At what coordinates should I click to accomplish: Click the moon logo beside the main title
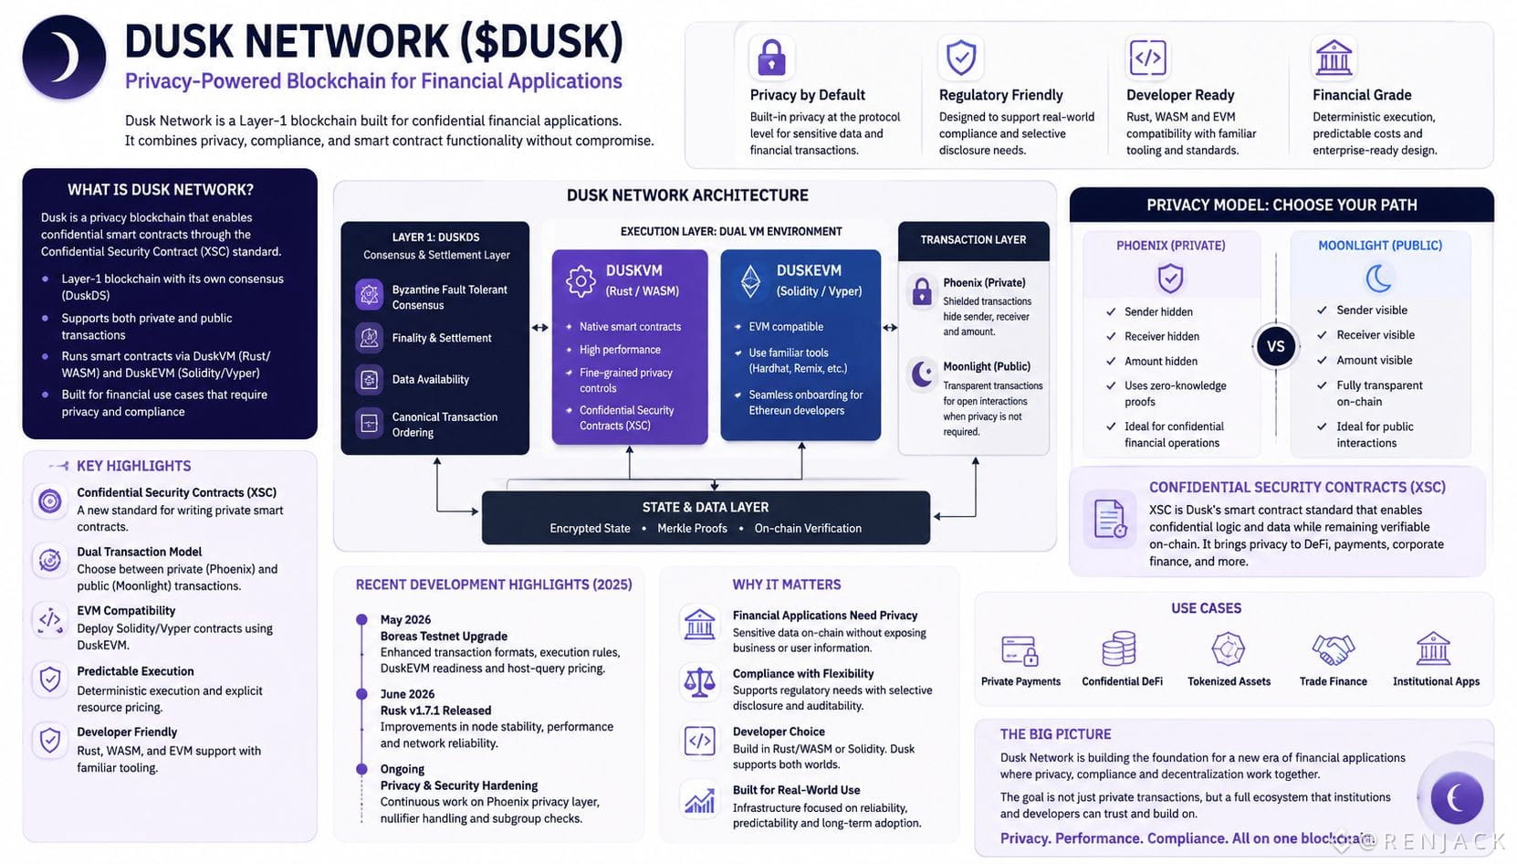pyautogui.click(x=64, y=57)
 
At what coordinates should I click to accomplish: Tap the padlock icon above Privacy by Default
pyautogui.click(x=771, y=57)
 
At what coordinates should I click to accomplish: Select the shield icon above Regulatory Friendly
pyautogui.click(x=961, y=57)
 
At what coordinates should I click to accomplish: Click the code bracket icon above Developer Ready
pyautogui.click(x=1148, y=58)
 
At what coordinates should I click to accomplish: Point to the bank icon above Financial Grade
pyautogui.click(x=1334, y=57)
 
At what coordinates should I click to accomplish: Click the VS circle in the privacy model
pyautogui.click(x=1276, y=346)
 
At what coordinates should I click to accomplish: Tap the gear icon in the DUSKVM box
pyautogui.click(x=581, y=281)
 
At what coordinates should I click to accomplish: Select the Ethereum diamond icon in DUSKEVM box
pyautogui.click(x=749, y=281)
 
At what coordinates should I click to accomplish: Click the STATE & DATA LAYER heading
pyautogui.click(x=706, y=507)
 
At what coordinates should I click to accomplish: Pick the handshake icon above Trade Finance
pyautogui.click(x=1333, y=649)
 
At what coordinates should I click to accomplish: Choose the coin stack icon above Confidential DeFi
pyautogui.click(x=1119, y=648)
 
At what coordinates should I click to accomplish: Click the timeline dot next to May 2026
pyautogui.click(x=361, y=619)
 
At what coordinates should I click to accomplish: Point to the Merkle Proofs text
pyautogui.click(x=692, y=528)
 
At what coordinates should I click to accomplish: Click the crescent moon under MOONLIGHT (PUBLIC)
pyautogui.click(x=1378, y=278)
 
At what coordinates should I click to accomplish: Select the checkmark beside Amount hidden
pyautogui.click(x=1111, y=361)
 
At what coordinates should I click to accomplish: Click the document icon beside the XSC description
pyautogui.click(x=1109, y=519)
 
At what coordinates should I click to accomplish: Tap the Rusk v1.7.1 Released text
pyautogui.click(x=435, y=711)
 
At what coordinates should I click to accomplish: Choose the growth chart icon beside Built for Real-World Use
pyautogui.click(x=699, y=800)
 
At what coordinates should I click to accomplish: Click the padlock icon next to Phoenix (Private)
pyautogui.click(x=922, y=292)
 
